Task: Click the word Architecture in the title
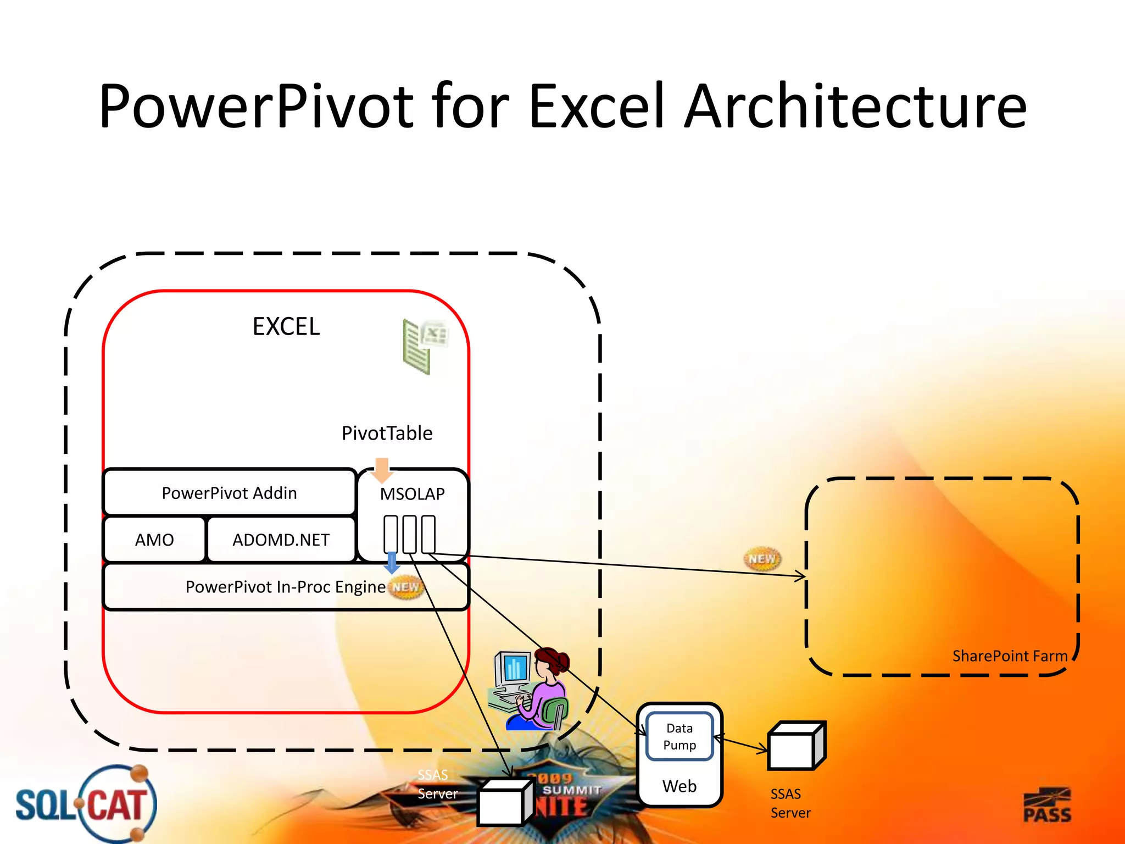pyautogui.click(x=856, y=107)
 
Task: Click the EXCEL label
pyautogui.click(x=286, y=327)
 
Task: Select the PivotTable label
pyautogui.click(x=387, y=433)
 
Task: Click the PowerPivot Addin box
pyautogui.click(x=229, y=493)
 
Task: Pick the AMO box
pyautogui.click(x=154, y=540)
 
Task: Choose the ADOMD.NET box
pyautogui.click(x=281, y=540)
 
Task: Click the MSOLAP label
pyautogui.click(x=412, y=494)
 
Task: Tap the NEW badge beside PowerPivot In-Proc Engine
pyautogui.click(x=406, y=587)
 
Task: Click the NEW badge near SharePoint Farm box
pyautogui.click(x=762, y=559)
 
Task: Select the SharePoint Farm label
pyautogui.click(x=1010, y=656)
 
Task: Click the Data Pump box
pyautogui.click(x=680, y=736)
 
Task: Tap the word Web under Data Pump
pyautogui.click(x=680, y=786)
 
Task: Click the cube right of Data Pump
pyautogui.click(x=795, y=746)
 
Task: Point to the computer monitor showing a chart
pyautogui.click(x=513, y=669)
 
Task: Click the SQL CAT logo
pyautogui.click(x=85, y=804)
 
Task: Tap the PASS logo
pyautogui.click(x=1047, y=806)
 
